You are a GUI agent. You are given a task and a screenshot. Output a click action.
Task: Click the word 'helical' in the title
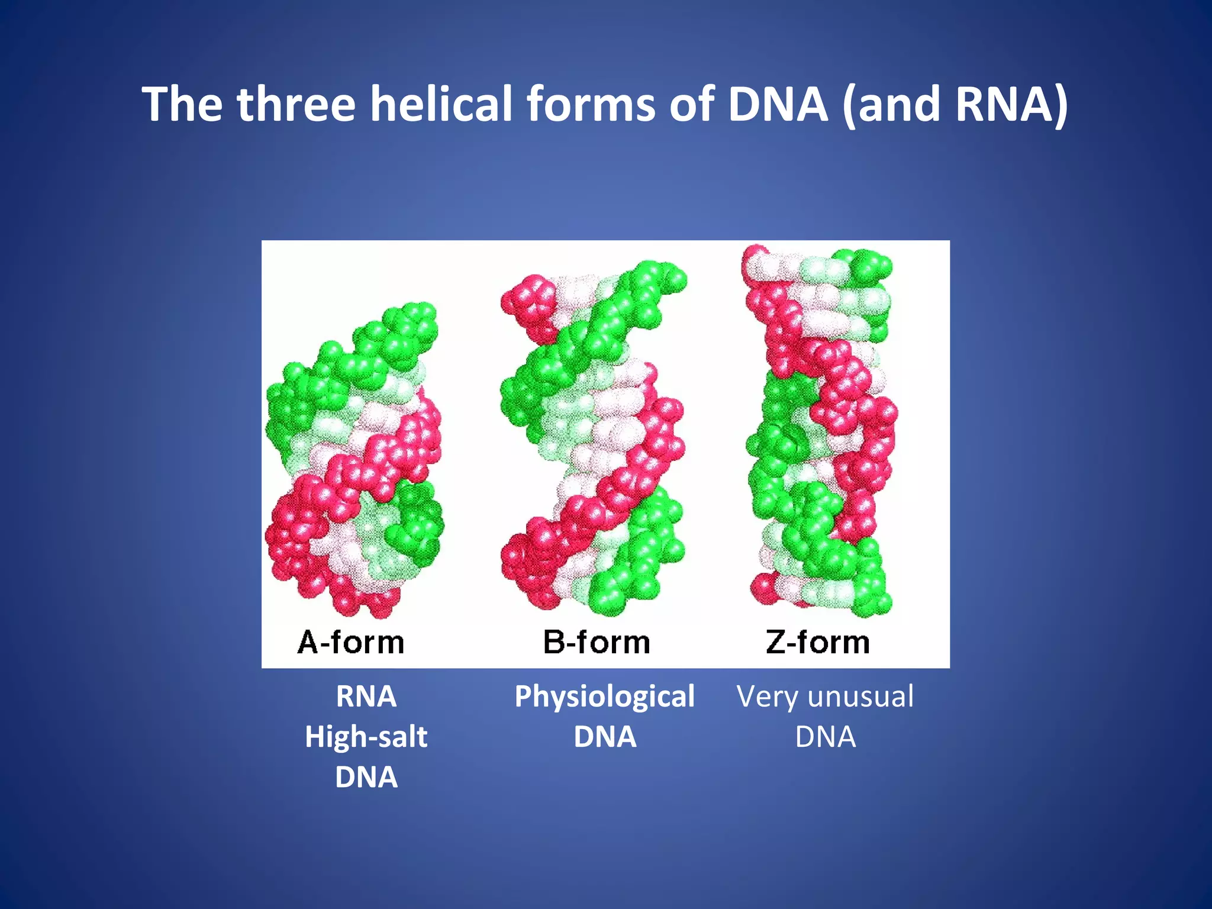[441, 104]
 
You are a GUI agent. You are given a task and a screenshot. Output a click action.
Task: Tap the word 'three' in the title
[296, 104]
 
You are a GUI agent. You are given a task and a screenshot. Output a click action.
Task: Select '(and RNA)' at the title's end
[954, 104]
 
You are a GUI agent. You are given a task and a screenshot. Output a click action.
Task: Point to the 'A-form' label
[351, 642]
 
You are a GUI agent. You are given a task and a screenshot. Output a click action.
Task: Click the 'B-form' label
[597, 642]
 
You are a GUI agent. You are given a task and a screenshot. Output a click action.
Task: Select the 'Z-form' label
[818, 642]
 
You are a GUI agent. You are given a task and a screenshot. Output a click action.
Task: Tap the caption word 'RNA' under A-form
[366, 697]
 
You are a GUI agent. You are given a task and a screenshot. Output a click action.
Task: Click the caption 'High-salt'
[366, 737]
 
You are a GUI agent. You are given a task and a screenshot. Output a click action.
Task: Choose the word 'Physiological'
[604, 697]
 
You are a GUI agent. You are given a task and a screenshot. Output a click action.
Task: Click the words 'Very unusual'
[825, 697]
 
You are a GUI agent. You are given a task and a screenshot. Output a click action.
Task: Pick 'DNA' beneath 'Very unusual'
[825, 737]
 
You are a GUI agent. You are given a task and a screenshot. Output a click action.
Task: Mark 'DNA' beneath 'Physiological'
[604, 737]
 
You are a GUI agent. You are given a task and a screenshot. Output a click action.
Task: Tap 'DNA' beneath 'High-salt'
[366, 777]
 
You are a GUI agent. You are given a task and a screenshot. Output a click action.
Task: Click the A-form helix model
[354, 462]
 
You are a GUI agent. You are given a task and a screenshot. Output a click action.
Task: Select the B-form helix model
[592, 438]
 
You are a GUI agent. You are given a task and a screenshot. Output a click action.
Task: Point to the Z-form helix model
[820, 432]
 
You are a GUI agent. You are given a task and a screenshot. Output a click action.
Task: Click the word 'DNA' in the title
[777, 104]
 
